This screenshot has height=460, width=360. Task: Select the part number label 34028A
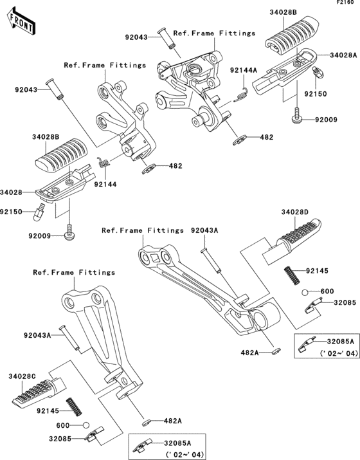point(344,55)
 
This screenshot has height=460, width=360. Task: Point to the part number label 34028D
point(294,212)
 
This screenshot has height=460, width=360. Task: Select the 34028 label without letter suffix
point(12,192)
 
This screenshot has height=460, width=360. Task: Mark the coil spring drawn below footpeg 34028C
point(76,408)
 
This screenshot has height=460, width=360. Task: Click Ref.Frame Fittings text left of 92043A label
point(142,230)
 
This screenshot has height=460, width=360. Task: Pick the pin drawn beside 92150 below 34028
point(39,210)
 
